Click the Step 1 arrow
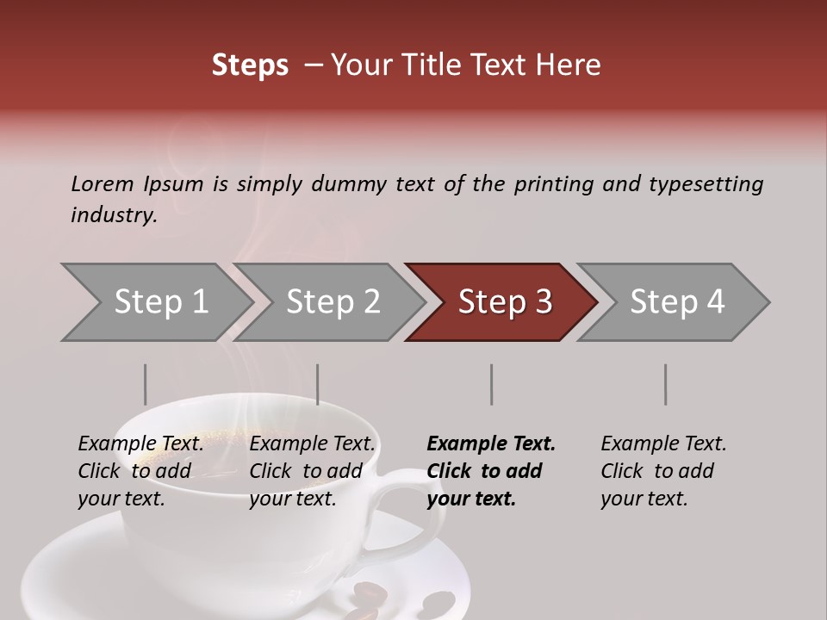pyautogui.click(x=155, y=302)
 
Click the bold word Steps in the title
pyautogui.click(x=250, y=65)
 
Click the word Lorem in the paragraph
pyautogui.click(x=103, y=183)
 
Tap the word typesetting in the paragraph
pyautogui.click(x=706, y=183)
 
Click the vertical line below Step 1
pyautogui.click(x=146, y=384)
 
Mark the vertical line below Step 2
pyautogui.click(x=318, y=384)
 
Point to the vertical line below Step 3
pyautogui.click(x=492, y=384)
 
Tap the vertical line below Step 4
pyautogui.click(x=665, y=384)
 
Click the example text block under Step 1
pyautogui.click(x=140, y=471)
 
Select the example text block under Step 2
pyautogui.click(x=312, y=471)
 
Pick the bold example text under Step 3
pyautogui.click(x=490, y=471)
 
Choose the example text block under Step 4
pyautogui.click(x=662, y=471)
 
